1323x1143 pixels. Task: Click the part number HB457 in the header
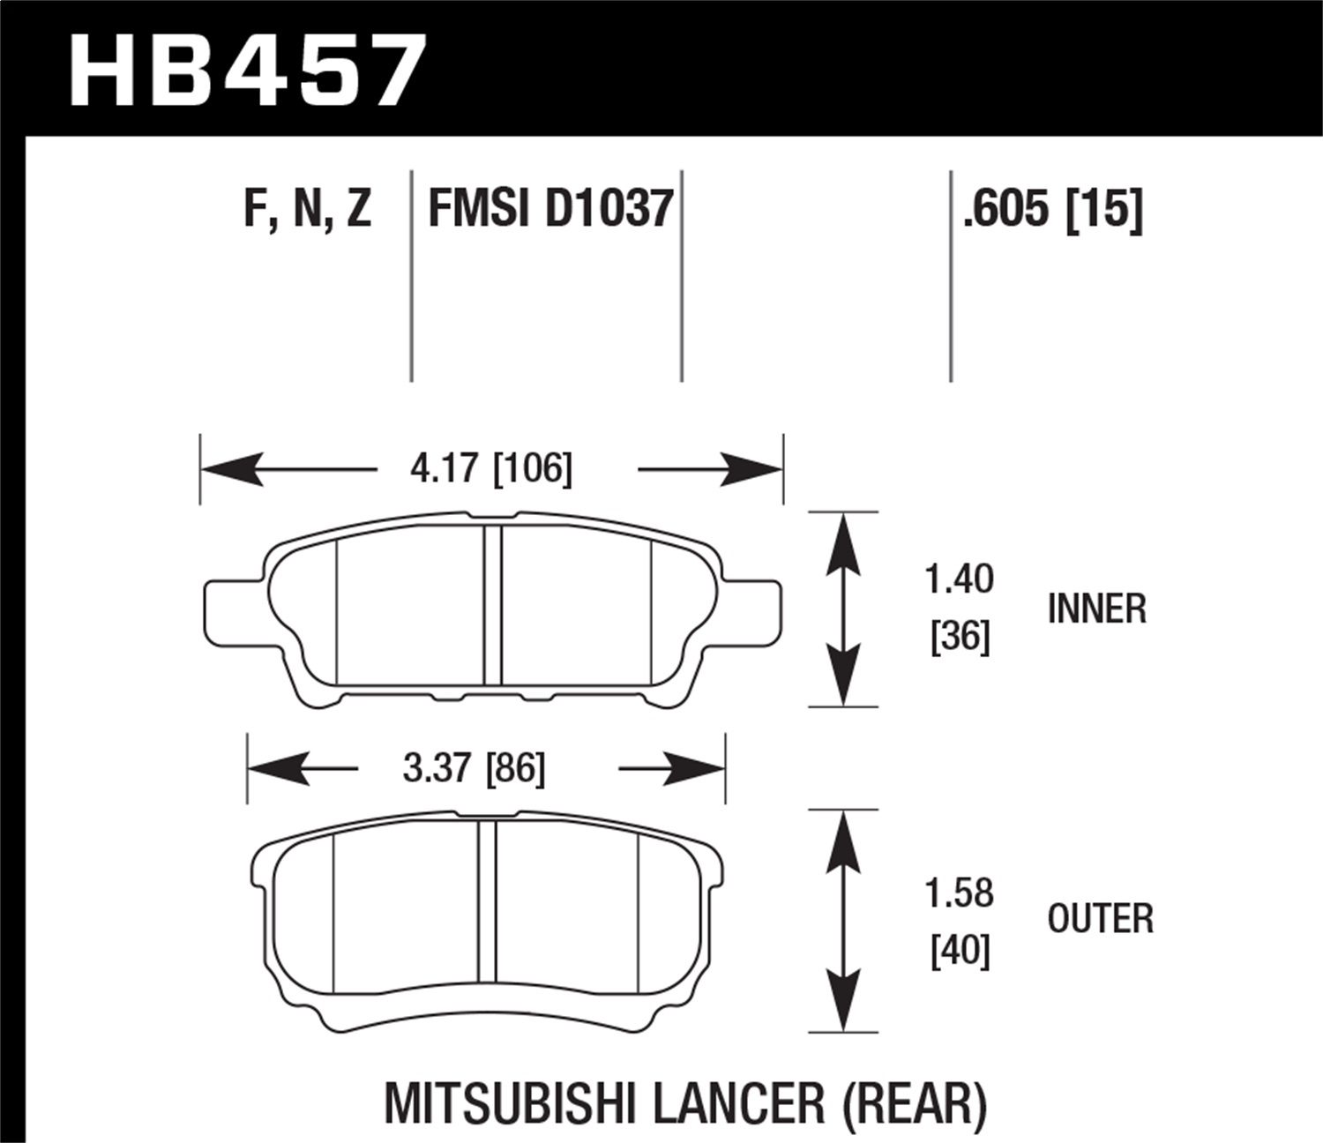point(247,71)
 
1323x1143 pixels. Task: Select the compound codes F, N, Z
point(307,210)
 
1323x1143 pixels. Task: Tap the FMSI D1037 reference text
point(550,210)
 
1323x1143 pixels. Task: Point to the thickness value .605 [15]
point(1052,210)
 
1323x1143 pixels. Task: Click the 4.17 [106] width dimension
point(490,468)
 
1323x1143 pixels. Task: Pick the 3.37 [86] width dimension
point(474,768)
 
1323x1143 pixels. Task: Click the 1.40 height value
point(959,579)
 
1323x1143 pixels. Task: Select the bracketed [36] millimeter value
point(960,636)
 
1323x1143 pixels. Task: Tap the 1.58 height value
point(959,893)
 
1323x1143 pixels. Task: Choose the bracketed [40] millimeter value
point(960,951)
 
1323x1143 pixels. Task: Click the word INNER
point(1096,609)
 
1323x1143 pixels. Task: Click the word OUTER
point(1100,919)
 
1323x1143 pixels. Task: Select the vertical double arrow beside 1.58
point(844,920)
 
